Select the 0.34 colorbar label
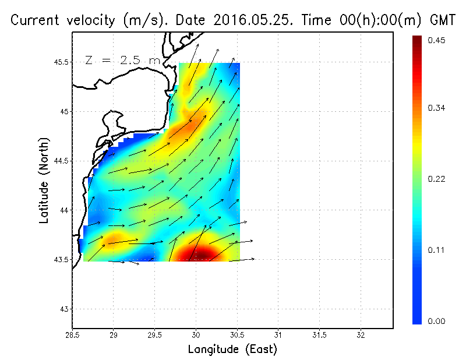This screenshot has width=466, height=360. coord(436,108)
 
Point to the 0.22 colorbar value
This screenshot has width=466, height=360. coord(436,179)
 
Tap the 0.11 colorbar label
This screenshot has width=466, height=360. coord(436,250)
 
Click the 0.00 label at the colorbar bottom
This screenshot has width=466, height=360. coord(436,321)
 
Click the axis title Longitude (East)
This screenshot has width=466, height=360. coord(232,350)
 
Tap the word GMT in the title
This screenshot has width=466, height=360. coord(442,20)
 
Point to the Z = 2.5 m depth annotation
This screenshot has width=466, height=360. coord(121,60)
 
